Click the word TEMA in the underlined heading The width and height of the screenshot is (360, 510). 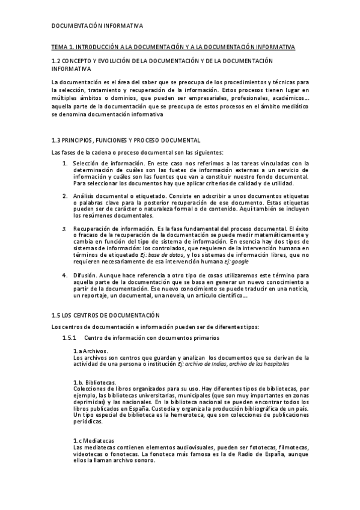[59, 47]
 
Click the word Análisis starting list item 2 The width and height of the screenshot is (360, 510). [84, 196]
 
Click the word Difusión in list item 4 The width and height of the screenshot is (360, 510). [85, 275]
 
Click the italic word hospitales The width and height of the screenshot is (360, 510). [276, 364]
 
